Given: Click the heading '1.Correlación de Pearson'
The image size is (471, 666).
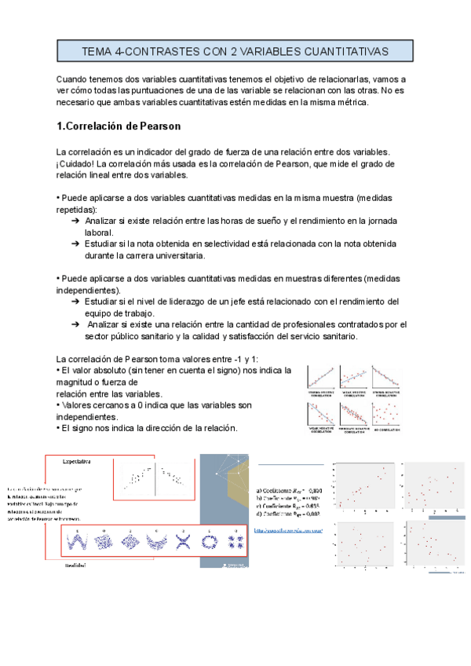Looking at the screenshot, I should pos(119,126).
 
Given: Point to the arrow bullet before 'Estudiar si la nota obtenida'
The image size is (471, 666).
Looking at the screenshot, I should pos(75,244).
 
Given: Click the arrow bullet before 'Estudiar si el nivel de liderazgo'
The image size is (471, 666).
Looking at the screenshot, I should pos(75,302).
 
